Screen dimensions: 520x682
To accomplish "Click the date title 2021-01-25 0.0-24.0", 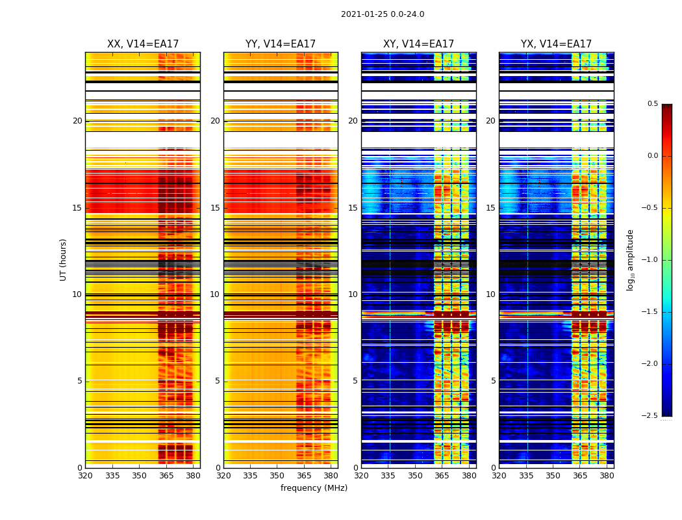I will tap(383, 14).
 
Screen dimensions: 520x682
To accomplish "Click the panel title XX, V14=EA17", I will tap(143, 44).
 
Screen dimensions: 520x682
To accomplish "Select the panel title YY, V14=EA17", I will tap(281, 44).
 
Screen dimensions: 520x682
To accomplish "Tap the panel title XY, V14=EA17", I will tap(418, 44).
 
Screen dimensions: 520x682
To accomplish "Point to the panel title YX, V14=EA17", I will tap(556, 44).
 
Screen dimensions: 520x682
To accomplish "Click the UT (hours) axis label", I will tap(64, 259).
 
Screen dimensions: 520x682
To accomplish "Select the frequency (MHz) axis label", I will tap(314, 488).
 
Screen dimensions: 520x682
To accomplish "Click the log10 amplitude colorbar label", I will tap(630, 259).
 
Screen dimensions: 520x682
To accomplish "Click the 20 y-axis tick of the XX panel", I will tap(77, 121).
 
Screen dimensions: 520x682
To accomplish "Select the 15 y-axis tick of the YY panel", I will tap(215, 208).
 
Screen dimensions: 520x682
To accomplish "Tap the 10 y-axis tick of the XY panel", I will tap(353, 294).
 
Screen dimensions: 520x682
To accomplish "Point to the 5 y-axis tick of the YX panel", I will tap(493, 381).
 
